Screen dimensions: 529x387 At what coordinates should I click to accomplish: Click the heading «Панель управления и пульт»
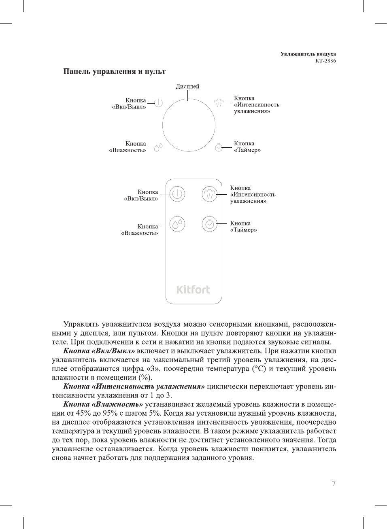click(114, 72)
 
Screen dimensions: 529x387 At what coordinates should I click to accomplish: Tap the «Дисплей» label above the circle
click(187, 86)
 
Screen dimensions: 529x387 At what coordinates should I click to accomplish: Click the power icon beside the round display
click(158, 103)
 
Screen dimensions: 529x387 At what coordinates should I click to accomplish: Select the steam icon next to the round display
click(219, 102)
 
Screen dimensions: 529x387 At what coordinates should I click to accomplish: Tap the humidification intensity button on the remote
click(210, 194)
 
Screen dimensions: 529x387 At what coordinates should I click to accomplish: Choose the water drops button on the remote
click(177, 224)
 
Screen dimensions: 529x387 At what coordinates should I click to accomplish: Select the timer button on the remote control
click(210, 224)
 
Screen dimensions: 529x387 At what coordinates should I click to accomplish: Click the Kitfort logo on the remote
click(193, 290)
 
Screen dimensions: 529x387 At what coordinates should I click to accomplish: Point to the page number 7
click(334, 483)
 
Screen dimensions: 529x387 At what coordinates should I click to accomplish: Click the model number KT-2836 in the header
click(325, 61)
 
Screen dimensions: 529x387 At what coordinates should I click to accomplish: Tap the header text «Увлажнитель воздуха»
click(308, 54)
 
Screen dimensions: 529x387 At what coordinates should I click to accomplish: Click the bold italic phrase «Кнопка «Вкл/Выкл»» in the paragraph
click(99, 351)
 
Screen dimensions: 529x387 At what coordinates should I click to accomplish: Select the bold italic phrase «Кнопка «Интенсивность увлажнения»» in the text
click(134, 387)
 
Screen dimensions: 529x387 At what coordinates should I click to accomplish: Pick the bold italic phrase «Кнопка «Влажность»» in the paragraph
click(103, 404)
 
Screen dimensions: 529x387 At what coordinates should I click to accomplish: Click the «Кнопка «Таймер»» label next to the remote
click(243, 227)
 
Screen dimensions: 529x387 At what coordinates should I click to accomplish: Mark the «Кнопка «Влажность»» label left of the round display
click(128, 147)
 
